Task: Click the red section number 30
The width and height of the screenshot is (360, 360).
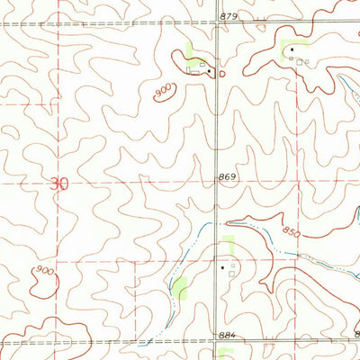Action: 58,184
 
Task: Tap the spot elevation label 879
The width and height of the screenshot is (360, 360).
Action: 229,17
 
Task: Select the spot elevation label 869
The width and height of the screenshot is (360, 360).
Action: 227,177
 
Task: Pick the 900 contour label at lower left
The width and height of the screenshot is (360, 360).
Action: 40,271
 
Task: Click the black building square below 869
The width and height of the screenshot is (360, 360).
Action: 223,266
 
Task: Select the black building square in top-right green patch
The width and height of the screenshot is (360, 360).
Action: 292,52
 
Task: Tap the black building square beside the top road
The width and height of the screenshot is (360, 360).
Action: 209,70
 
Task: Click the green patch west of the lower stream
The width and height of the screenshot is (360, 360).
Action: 181,289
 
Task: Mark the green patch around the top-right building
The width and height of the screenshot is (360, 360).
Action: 294,46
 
